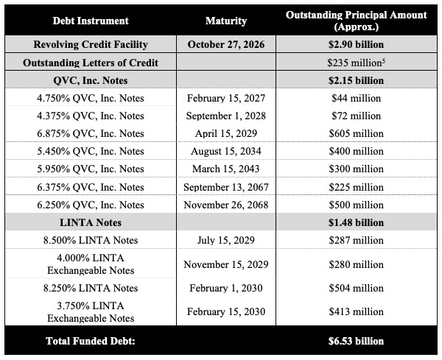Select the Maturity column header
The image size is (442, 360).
227,21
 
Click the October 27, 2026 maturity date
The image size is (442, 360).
227,44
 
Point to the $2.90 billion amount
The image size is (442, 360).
356,44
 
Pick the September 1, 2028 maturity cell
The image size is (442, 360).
227,116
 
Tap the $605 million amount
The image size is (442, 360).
356,133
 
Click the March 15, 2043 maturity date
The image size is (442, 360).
227,169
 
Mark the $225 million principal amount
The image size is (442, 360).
356,187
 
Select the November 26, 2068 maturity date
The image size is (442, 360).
227,205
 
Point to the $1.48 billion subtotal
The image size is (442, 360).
356,222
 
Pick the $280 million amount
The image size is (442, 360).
356,264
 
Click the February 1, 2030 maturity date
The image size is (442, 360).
227,288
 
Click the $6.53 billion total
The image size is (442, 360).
356,341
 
